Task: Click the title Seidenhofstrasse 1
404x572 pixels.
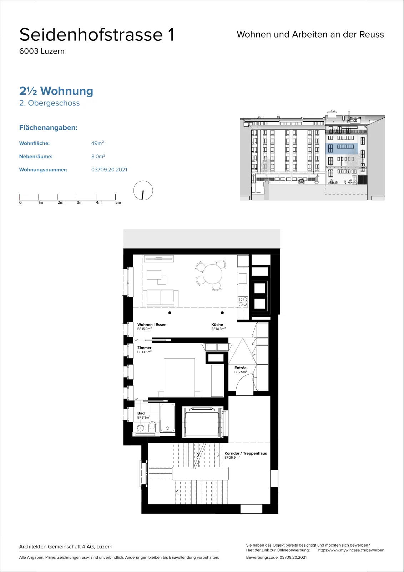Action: (97, 34)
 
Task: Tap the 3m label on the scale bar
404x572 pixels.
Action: (80, 202)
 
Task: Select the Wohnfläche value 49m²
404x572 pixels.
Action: (98, 143)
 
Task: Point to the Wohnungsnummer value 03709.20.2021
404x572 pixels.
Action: (109, 169)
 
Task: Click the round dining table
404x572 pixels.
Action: (212, 274)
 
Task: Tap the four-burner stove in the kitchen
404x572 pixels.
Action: (243, 302)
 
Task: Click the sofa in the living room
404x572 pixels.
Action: (160, 298)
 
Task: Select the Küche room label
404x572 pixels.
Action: (217, 325)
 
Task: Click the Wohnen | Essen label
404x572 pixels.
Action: (152, 325)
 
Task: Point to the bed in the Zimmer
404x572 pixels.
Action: (179, 378)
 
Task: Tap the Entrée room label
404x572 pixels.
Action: (240, 368)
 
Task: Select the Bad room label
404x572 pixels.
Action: (141, 413)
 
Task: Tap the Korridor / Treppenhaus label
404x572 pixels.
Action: (246, 453)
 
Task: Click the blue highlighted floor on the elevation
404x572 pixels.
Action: (342, 148)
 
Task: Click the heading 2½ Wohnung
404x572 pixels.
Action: (56, 91)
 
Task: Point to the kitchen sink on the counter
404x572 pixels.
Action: (243, 278)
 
